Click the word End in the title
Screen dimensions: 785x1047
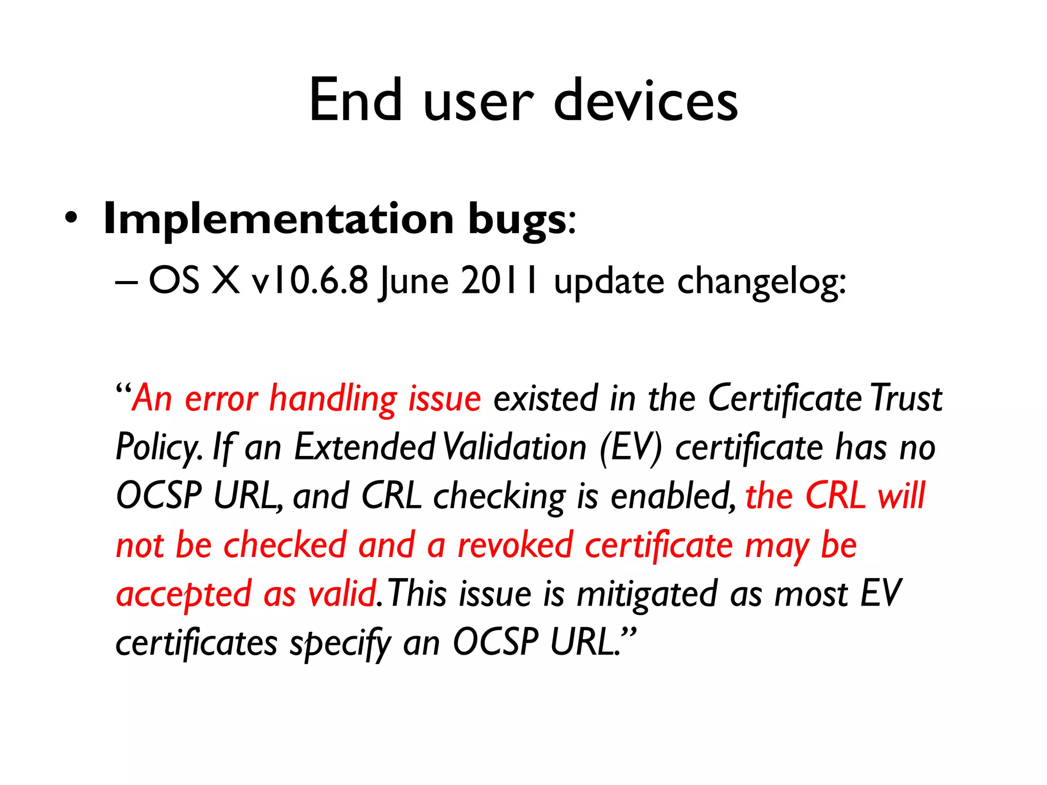click(x=356, y=100)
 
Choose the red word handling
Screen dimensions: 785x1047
click(x=333, y=399)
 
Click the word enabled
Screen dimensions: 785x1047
click(x=673, y=496)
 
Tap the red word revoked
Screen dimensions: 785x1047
click(x=515, y=545)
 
